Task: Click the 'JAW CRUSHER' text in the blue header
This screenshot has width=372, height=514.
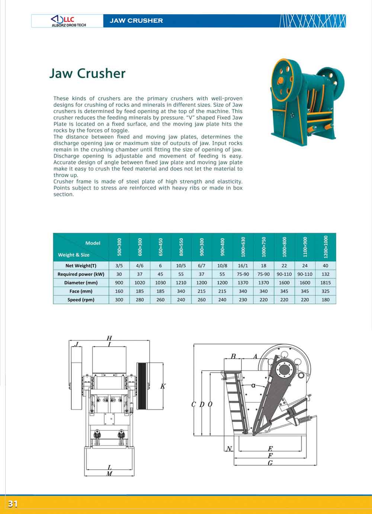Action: point(136,21)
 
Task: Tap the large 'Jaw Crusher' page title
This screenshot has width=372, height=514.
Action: point(87,73)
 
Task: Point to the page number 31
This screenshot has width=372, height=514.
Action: point(13,504)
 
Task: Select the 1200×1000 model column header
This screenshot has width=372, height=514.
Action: point(325,247)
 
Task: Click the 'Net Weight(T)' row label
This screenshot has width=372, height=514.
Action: point(81,266)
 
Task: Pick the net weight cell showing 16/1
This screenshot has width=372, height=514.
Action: point(243,266)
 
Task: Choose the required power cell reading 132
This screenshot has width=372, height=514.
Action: point(325,274)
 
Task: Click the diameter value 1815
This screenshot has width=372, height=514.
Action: point(325,283)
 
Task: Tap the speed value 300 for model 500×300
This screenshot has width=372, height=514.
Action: point(119,300)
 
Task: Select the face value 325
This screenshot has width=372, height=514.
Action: point(325,291)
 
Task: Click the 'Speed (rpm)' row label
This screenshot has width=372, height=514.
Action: point(81,300)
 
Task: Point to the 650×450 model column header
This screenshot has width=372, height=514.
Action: point(160,247)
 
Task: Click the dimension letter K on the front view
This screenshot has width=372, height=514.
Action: point(163,387)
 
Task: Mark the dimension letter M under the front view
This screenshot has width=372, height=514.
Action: point(109,474)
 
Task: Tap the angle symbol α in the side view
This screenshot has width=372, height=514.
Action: point(253,385)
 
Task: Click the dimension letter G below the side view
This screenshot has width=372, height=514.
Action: point(270,463)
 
